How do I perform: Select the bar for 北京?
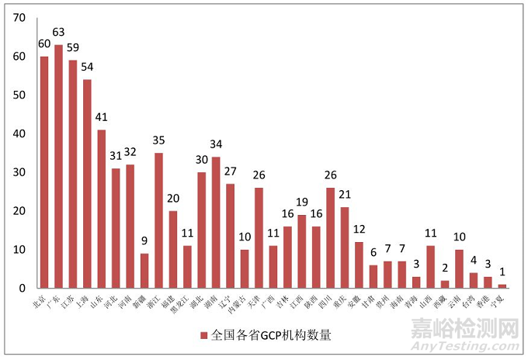pos(44,171)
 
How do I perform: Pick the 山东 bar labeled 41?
pos(101,209)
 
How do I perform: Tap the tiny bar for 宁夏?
pos(502,286)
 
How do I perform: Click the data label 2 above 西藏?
pos(444,268)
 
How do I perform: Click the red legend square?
pos(203,336)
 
